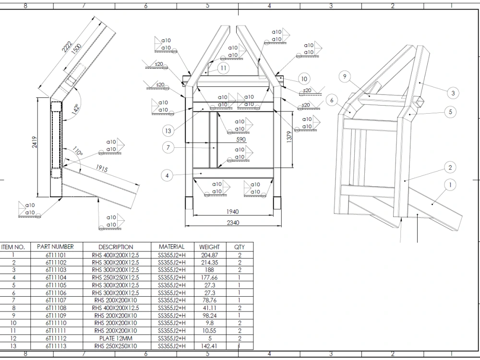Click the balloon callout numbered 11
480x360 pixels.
pos(223,68)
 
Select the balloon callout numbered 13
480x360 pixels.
pos(168,131)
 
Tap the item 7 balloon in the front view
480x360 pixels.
pos(168,147)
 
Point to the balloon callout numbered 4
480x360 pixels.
pos(167,176)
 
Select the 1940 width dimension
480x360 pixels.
pos(232,212)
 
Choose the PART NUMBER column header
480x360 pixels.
pos(55,247)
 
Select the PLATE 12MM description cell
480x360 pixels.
pos(115,338)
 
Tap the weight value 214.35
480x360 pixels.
pos(209,263)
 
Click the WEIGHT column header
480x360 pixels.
pos(209,247)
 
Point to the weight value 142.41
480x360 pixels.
pos(209,346)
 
